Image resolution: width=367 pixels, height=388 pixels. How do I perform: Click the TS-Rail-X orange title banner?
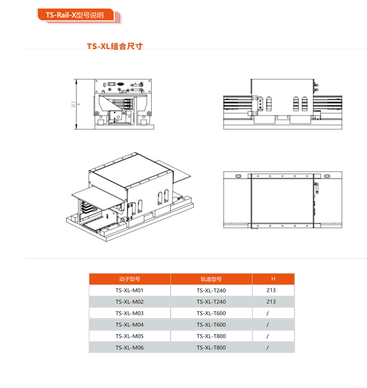[76, 15]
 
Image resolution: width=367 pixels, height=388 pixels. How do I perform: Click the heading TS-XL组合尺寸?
[115, 46]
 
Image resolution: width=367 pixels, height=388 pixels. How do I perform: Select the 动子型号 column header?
[130, 279]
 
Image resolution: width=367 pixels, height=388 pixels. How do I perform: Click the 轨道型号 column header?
[211, 279]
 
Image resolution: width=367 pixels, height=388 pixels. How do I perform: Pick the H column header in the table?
[273, 279]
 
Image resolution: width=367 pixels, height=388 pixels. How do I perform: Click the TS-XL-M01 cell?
[129, 290]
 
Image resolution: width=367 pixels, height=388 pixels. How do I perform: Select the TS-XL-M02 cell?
[129, 302]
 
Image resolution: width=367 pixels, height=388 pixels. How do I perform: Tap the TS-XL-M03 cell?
[129, 313]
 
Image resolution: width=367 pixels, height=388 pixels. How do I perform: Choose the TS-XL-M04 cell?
[129, 325]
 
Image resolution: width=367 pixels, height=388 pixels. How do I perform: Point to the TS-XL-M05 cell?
[129, 336]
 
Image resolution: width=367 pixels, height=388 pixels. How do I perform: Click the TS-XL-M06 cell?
[129, 348]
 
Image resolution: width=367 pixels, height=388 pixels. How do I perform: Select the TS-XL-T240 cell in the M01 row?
[211, 290]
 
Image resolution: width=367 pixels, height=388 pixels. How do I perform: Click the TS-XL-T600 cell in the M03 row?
[211, 313]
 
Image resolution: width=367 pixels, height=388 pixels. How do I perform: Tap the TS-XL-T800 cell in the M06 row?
[211, 348]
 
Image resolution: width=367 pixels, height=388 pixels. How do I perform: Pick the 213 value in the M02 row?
[271, 302]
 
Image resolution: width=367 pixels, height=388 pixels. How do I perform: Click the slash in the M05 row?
[267, 336]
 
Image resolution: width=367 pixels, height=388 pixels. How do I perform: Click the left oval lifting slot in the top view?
[238, 176]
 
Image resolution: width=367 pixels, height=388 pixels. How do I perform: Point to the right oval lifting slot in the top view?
[327, 176]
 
